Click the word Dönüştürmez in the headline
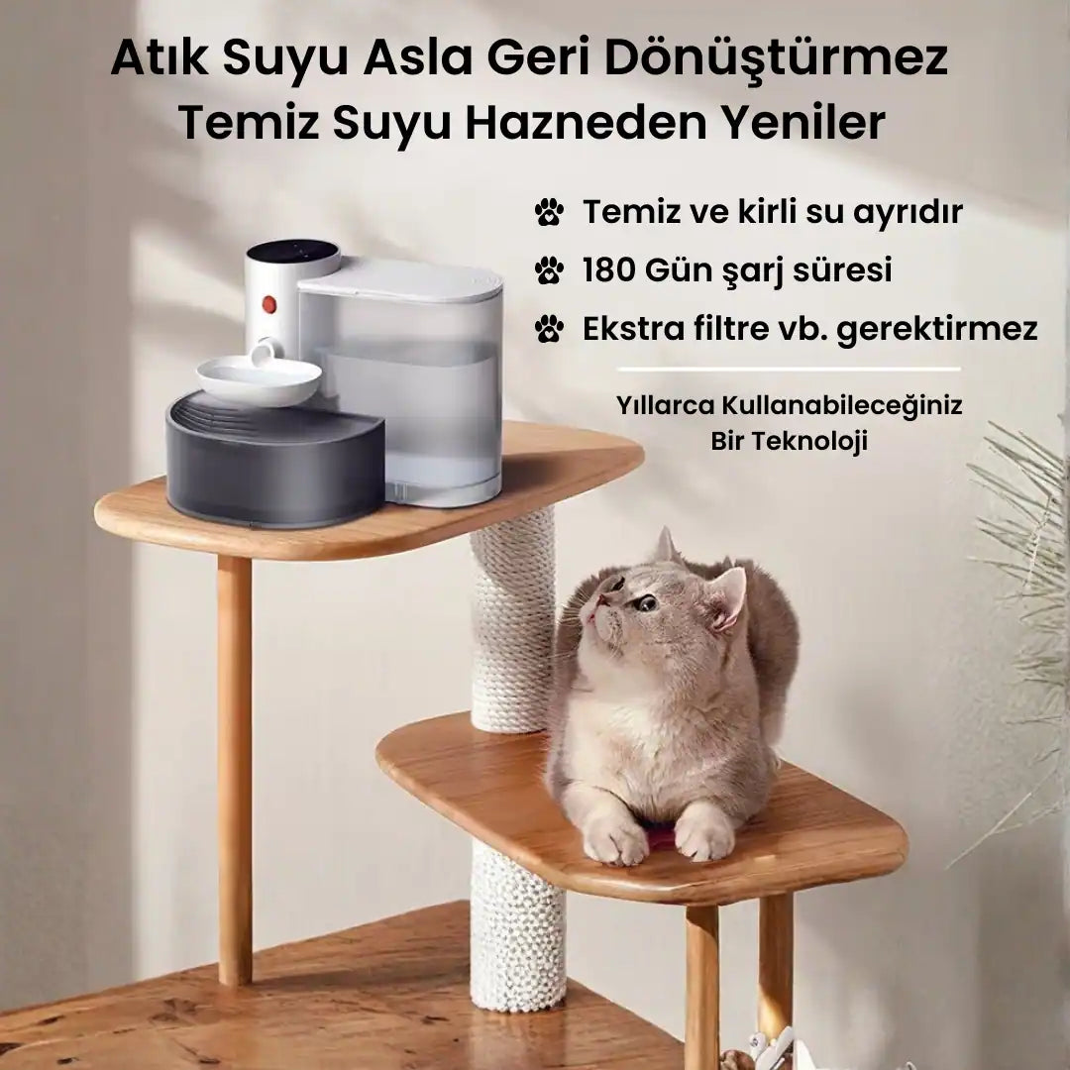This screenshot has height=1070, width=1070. (776, 59)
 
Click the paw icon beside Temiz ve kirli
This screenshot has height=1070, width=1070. (549, 211)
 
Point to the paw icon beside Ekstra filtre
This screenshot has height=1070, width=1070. (549, 328)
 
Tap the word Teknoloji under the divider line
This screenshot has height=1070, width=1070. (789, 442)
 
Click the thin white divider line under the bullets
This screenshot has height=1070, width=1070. (788, 370)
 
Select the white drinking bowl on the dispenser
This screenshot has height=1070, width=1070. (258, 379)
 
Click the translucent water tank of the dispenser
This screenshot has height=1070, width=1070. (416, 396)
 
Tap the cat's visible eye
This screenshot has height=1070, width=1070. (646, 601)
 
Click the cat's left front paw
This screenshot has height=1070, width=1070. (615, 842)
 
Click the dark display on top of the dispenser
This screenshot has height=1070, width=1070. (292, 251)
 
